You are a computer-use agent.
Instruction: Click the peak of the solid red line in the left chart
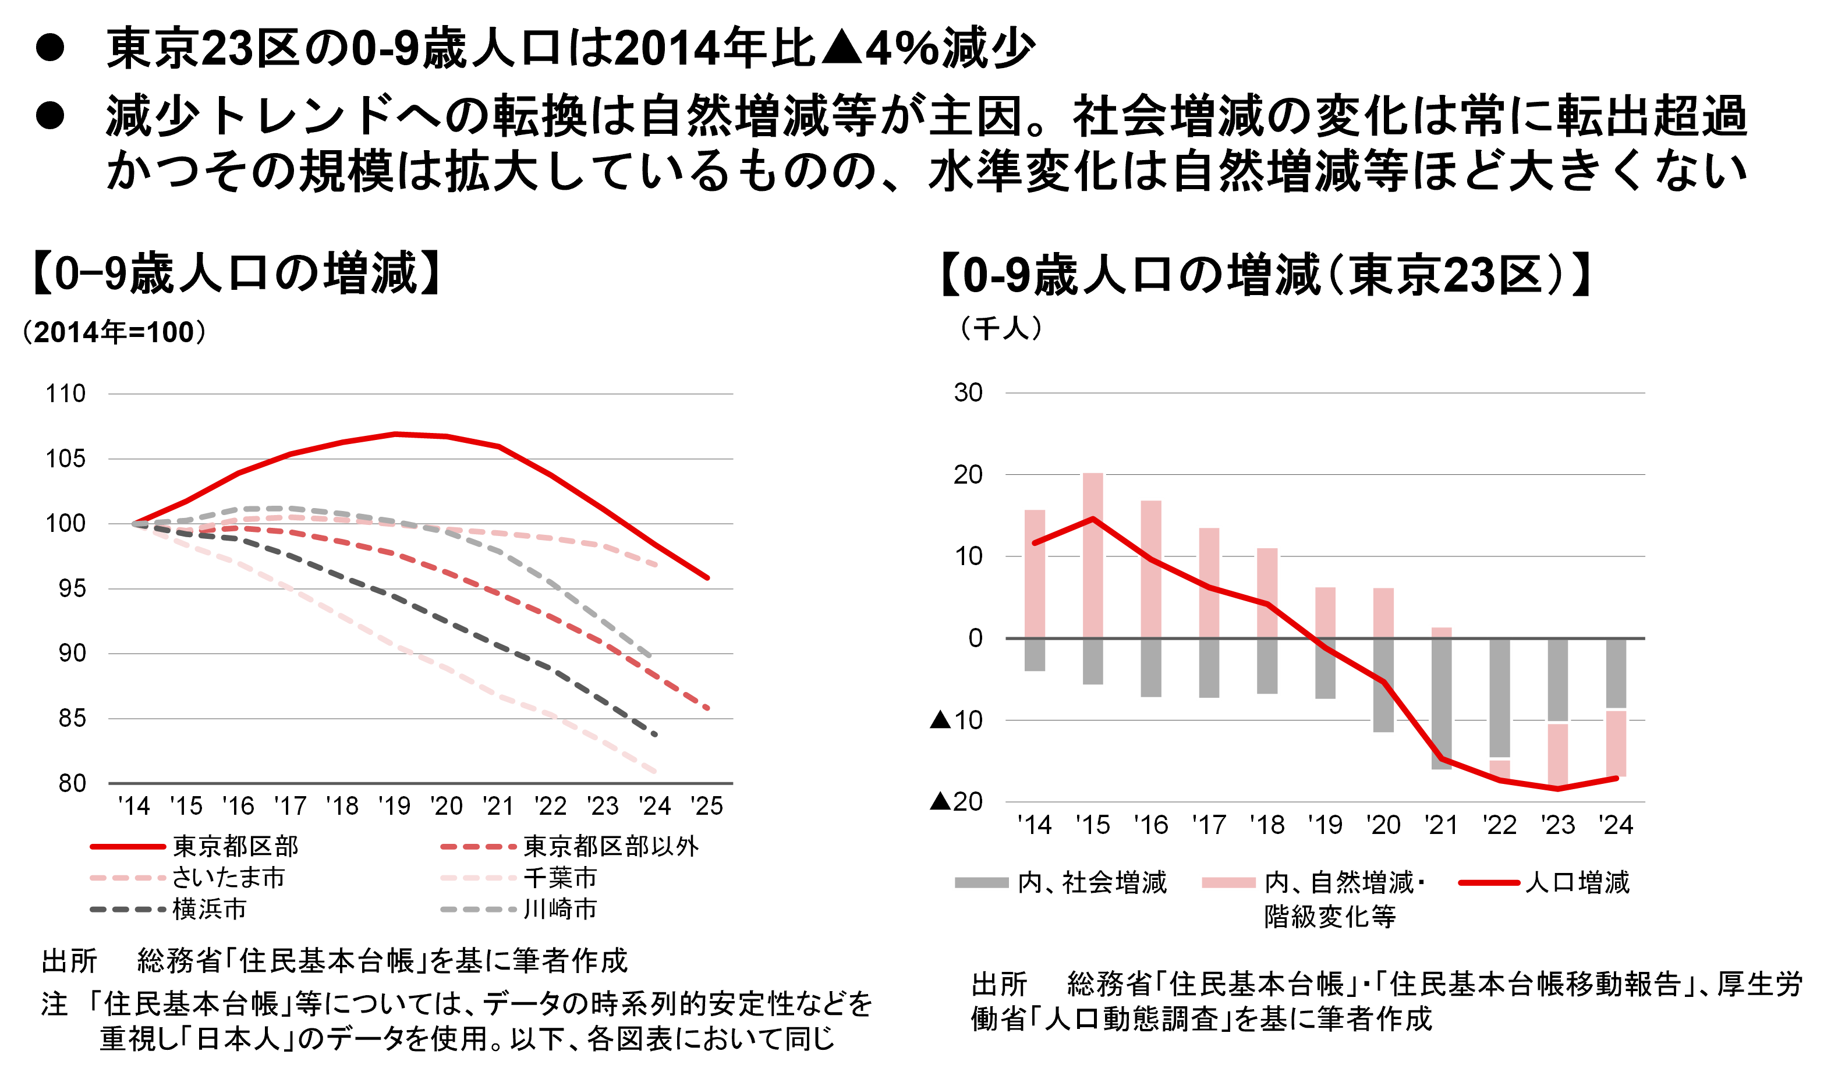(395, 434)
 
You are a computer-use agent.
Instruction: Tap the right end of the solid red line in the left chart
(707, 577)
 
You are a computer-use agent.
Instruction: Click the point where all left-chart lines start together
(134, 523)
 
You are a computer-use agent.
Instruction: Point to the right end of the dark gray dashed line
(655, 734)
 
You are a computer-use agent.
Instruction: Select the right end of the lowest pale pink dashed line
(655, 771)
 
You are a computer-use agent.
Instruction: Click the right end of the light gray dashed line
(649, 656)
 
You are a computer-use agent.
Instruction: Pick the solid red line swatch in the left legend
(128, 847)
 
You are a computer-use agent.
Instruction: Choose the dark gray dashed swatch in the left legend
(128, 910)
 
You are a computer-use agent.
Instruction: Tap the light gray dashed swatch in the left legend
(479, 910)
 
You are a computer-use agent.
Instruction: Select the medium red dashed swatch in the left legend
(479, 847)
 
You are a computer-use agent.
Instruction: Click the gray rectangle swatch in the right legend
(982, 882)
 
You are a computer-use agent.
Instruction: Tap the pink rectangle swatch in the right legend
(1229, 882)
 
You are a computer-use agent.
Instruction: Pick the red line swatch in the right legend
(1489, 882)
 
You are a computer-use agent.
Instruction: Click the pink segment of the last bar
(1616, 744)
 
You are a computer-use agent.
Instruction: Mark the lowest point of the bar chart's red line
(1558, 789)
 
